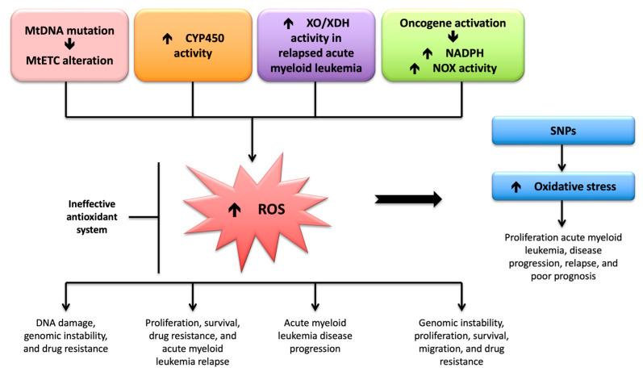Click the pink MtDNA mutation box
tap(69, 45)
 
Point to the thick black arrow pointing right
tap(409, 198)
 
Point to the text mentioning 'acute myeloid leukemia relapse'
tap(194, 340)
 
